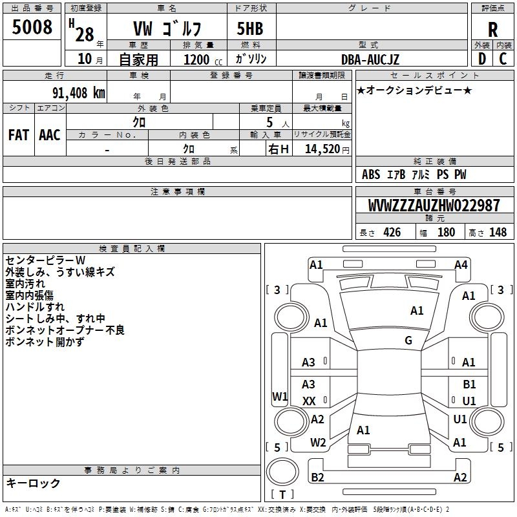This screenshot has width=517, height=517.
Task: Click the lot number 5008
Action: [x=32, y=27]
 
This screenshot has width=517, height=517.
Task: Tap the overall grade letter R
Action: [x=492, y=30]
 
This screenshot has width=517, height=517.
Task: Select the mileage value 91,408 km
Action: [x=78, y=93]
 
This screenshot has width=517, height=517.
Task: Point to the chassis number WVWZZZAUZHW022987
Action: [x=434, y=206]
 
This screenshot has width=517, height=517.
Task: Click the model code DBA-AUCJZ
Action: [x=370, y=59]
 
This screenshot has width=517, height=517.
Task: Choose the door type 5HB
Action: [x=250, y=28]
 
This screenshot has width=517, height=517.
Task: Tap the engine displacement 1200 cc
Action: [x=203, y=59]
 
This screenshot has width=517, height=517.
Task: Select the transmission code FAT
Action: [x=19, y=135]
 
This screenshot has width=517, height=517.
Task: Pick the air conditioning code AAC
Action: [x=50, y=135]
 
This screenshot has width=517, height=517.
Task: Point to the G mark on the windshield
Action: [x=408, y=341]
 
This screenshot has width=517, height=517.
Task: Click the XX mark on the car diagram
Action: [x=309, y=401]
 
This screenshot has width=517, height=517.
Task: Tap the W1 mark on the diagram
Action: [x=280, y=396]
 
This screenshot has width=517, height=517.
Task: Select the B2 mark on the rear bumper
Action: [x=317, y=478]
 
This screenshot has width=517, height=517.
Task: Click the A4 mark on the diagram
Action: [x=461, y=265]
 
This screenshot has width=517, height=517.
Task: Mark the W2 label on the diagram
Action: [x=318, y=443]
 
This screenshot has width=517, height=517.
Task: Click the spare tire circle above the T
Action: [x=282, y=472]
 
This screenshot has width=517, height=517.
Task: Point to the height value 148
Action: [x=498, y=233]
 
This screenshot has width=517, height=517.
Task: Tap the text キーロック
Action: [x=33, y=483]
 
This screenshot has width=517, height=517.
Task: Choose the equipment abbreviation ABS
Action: [x=371, y=174]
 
